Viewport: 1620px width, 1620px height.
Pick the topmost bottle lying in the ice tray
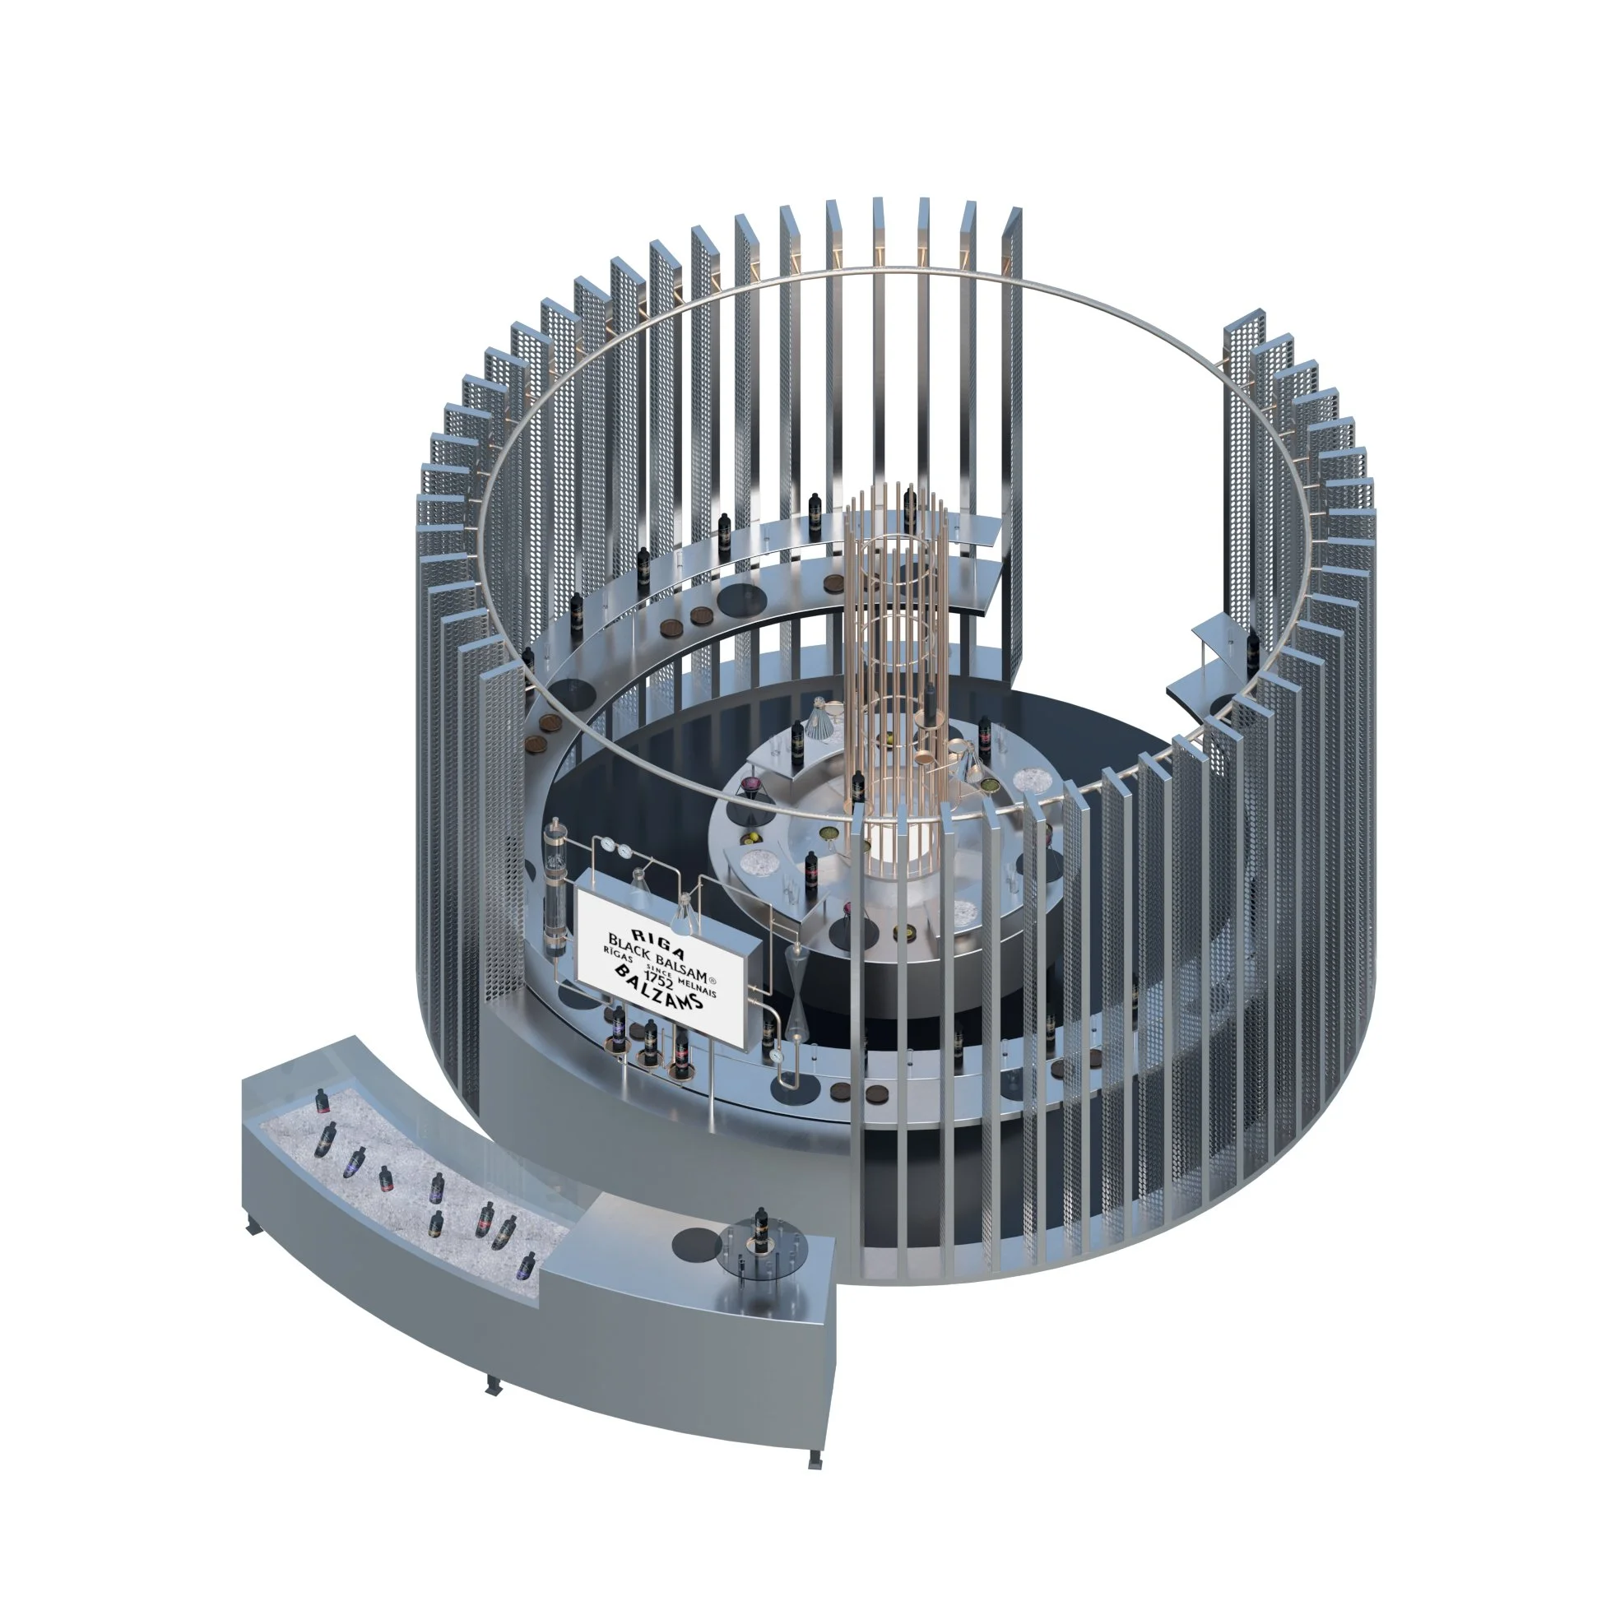321,1099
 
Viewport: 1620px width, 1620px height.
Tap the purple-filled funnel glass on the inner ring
751,785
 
